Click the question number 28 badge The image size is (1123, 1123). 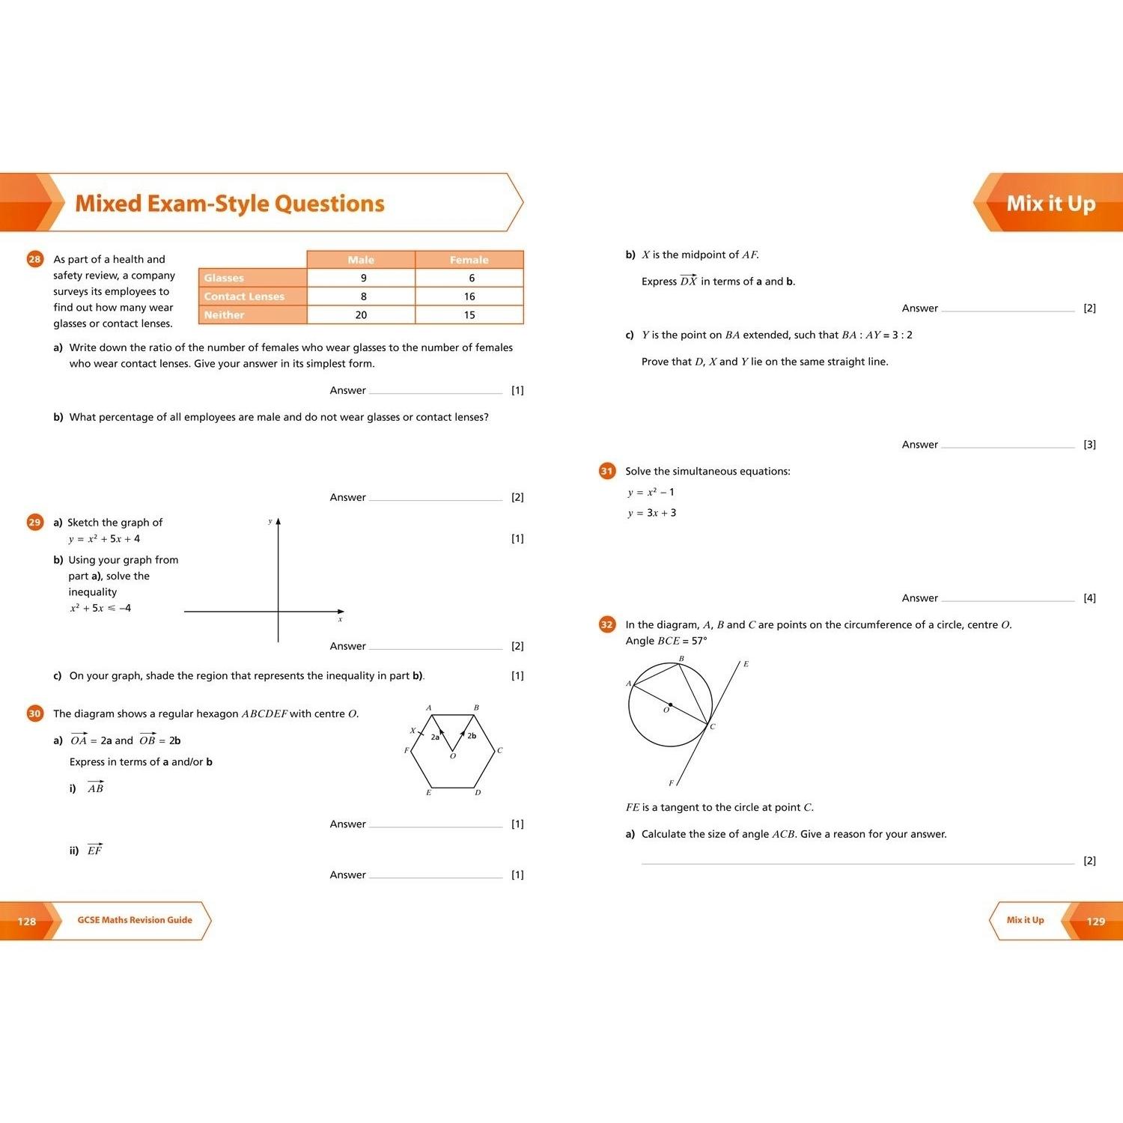[35, 259]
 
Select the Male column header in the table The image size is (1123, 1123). [361, 260]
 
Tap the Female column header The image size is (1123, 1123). [469, 260]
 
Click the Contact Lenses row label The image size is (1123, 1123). [244, 296]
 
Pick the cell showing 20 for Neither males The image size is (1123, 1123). [361, 315]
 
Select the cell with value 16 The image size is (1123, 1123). [469, 296]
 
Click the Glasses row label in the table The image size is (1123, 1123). [224, 278]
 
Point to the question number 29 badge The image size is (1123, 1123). [35, 522]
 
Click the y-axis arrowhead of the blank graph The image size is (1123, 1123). [279, 521]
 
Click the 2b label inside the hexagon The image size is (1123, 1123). [472, 736]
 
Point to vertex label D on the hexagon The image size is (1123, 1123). [478, 792]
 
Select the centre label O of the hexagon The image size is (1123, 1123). [453, 756]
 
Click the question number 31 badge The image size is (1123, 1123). [607, 471]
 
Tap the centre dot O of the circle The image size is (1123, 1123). [670, 704]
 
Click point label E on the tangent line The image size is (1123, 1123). [746, 664]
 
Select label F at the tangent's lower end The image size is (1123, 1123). [671, 783]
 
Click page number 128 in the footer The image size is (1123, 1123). [27, 921]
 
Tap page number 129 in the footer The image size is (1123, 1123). [1095, 921]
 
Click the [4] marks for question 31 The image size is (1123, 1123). [1089, 597]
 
